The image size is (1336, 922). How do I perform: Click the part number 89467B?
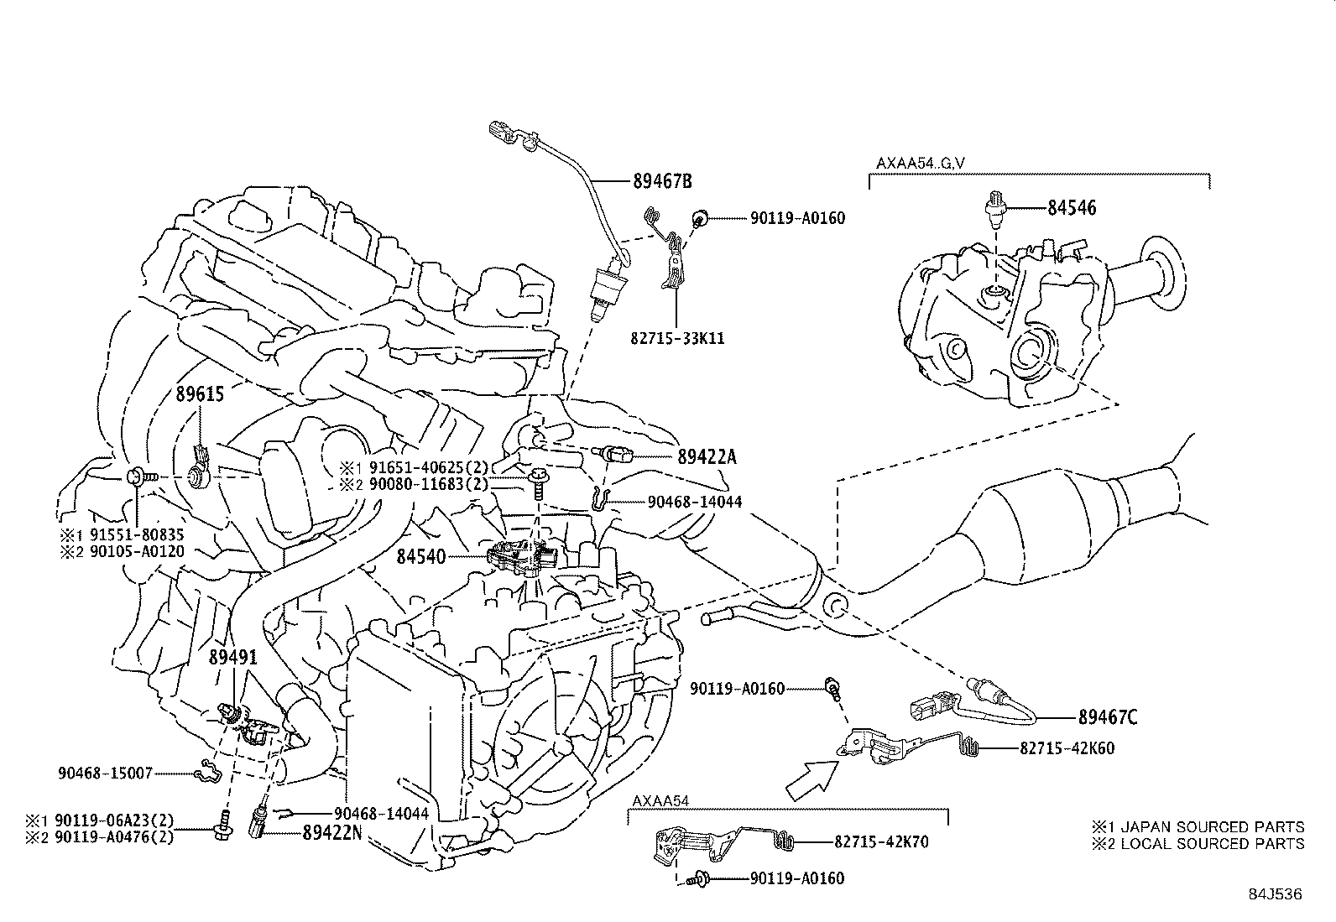coord(662,180)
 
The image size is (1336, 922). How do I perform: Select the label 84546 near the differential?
coord(1071,207)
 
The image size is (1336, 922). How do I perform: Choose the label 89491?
coord(232,658)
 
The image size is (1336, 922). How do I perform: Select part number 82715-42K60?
coord(1067,747)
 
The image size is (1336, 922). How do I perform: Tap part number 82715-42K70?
coord(881,841)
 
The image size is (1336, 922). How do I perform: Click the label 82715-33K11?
coord(677,339)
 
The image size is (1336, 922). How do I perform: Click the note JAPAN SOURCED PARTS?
coord(1208,826)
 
